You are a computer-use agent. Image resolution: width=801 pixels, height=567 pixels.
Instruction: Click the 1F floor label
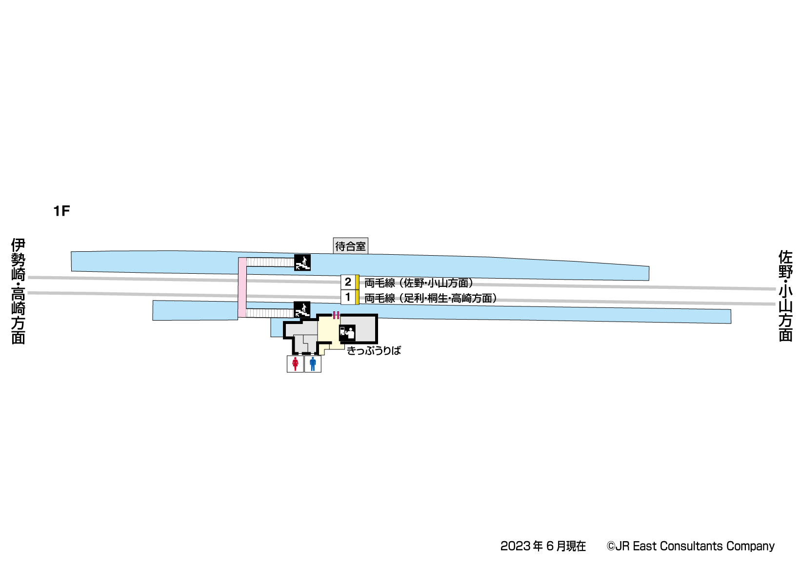tap(61, 211)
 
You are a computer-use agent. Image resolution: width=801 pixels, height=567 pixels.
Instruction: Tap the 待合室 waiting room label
tap(350, 246)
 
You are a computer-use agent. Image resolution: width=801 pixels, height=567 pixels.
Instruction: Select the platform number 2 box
tap(348, 282)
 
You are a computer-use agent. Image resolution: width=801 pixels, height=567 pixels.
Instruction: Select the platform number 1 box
tap(348, 297)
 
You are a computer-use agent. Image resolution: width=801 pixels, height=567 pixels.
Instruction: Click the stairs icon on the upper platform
tap(302, 263)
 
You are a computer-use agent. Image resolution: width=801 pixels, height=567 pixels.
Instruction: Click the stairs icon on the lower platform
tap(302, 309)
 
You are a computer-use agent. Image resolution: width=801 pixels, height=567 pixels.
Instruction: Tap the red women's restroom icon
tap(295, 364)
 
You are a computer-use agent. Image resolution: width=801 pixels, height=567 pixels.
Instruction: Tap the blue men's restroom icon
tap(313, 364)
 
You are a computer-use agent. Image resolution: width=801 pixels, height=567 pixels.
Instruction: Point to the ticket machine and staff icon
tap(347, 333)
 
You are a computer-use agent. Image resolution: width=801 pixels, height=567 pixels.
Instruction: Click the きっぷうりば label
tap(374, 350)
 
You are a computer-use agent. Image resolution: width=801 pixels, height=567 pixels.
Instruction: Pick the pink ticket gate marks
tap(336, 315)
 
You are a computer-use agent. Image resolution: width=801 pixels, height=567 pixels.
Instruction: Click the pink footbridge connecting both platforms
tap(242, 288)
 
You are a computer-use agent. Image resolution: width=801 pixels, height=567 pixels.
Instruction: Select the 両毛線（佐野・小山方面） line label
tap(419, 283)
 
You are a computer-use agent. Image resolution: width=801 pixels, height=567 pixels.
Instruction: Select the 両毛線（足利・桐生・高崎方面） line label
tap(430, 298)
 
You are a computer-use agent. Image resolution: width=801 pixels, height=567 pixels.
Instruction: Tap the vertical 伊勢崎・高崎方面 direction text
tap(19, 291)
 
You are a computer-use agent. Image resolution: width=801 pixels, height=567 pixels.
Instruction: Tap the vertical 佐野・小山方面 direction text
tap(785, 296)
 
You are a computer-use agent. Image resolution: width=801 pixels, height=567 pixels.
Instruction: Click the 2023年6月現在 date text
tap(543, 546)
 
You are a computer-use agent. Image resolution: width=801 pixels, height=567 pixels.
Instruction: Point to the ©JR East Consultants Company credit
tap(690, 546)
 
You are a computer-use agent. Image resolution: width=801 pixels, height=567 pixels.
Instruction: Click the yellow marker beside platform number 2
tap(357, 282)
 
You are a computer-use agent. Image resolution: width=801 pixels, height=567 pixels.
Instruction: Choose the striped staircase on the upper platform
tap(270, 263)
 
